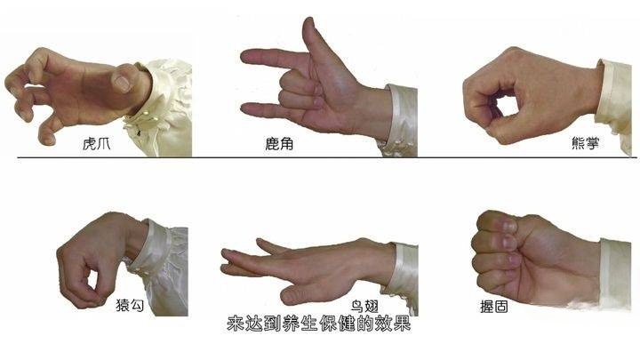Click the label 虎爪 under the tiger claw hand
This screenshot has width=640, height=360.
click(96, 144)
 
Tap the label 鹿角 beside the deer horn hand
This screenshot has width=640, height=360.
click(279, 144)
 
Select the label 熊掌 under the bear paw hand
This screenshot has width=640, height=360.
click(585, 143)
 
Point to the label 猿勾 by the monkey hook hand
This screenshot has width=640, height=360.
click(130, 305)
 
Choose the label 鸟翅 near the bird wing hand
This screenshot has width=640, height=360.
click(364, 307)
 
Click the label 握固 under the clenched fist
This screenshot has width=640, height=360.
click(494, 307)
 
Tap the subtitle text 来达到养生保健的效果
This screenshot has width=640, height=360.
click(319, 324)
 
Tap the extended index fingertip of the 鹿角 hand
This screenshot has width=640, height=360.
click(246, 57)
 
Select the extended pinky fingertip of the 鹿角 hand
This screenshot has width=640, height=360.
click(246, 109)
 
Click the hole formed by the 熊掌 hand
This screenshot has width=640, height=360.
click(506, 105)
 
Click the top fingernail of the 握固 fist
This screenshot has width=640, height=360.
click(509, 227)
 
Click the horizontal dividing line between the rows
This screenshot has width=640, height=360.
click(326, 157)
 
